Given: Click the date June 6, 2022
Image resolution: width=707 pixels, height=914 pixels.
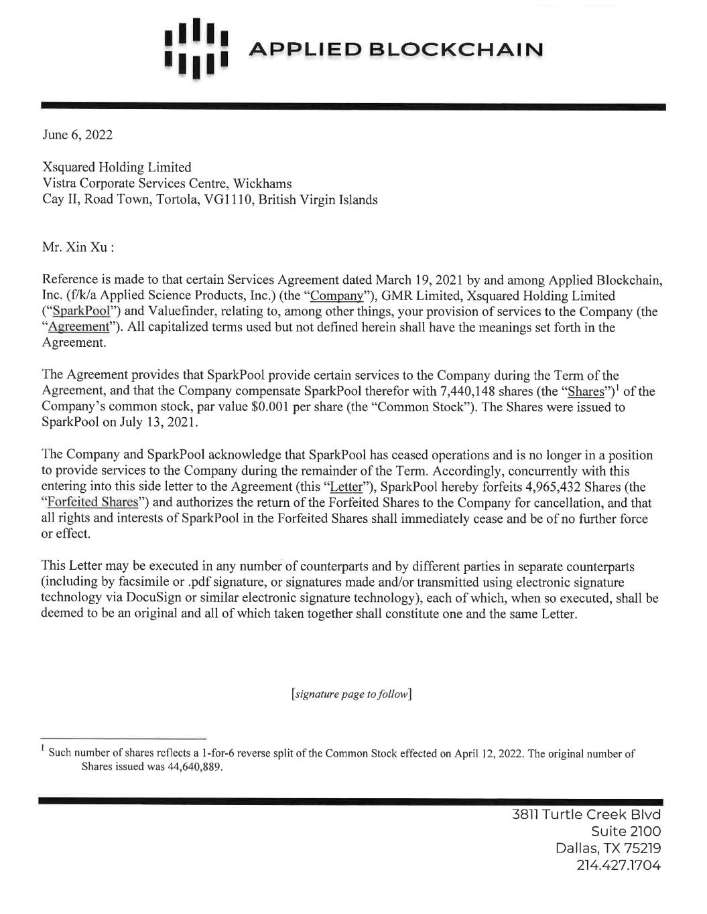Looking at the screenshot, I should (x=77, y=135).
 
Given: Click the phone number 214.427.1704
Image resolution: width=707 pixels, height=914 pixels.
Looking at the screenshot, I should (x=619, y=865).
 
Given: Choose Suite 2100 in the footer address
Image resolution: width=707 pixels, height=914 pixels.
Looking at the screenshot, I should (x=627, y=832).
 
